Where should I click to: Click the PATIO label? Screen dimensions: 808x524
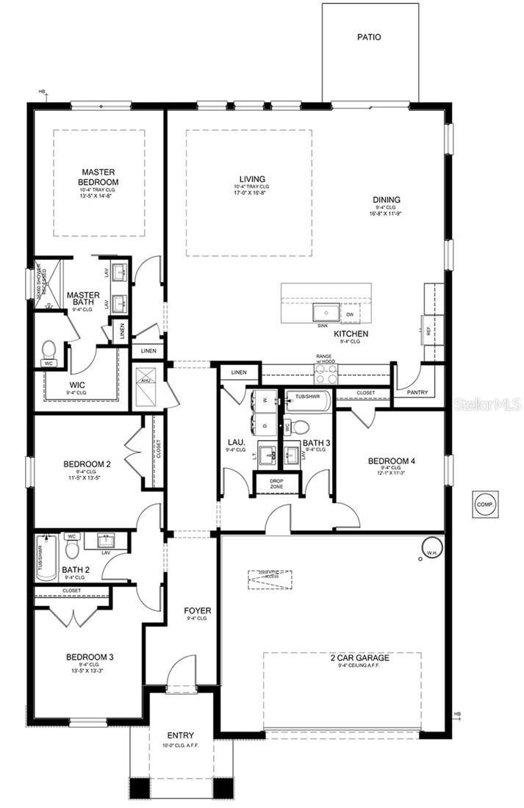[x=369, y=36]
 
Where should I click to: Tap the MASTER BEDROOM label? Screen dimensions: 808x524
[x=99, y=177]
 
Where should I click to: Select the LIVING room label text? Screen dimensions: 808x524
[x=252, y=178]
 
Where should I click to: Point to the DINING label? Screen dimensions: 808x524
[x=386, y=199]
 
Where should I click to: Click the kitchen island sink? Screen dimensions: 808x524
[x=324, y=312]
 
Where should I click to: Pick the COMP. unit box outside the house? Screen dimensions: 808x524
[x=484, y=505]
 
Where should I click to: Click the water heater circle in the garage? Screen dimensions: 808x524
[x=429, y=547]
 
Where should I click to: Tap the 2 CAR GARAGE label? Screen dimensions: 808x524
[x=360, y=657]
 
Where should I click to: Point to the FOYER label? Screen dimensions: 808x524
[x=197, y=610]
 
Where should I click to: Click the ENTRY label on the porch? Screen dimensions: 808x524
[x=181, y=735]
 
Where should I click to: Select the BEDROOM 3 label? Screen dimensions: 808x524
[x=89, y=657]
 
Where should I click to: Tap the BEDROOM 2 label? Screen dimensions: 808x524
[x=87, y=464]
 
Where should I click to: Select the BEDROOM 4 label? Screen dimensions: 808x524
[x=392, y=461]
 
